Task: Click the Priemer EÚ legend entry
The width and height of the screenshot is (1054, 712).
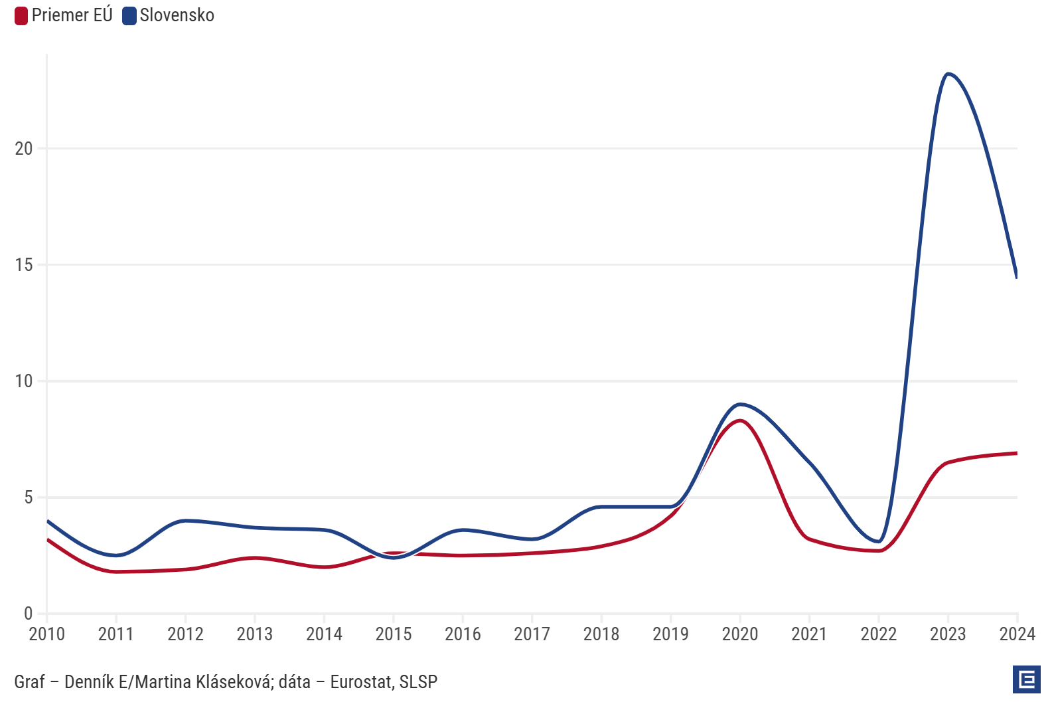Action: click(64, 15)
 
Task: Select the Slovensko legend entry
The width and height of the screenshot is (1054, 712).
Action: click(169, 15)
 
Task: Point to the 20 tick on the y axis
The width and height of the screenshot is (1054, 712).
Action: click(24, 149)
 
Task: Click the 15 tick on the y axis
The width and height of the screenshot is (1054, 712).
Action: click(24, 265)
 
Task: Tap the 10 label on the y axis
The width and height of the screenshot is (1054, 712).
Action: click(24, 381)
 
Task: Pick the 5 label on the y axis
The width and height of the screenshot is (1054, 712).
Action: click(28, 497)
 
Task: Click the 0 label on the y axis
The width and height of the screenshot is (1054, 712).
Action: click(28, 614)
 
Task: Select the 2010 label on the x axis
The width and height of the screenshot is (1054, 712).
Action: click(47, 634)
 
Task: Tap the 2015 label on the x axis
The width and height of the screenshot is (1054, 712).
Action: click(394, 634)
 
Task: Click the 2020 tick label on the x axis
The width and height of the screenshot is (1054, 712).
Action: click(740, 634)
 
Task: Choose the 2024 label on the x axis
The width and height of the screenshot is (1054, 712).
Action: click(1017, 634)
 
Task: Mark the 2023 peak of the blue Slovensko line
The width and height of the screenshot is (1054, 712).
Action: click(948, 74)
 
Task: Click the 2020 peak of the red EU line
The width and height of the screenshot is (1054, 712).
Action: click(740, 420)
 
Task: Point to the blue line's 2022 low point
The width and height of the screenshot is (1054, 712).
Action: click(879, 541)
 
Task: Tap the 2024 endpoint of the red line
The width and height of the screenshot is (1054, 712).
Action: click(1016, 453)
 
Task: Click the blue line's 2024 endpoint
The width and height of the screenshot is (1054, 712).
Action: click(1016, 276)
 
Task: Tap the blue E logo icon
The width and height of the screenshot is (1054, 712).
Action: click(1026, 679)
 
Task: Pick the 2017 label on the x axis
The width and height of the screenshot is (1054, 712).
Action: click(532, 634)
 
